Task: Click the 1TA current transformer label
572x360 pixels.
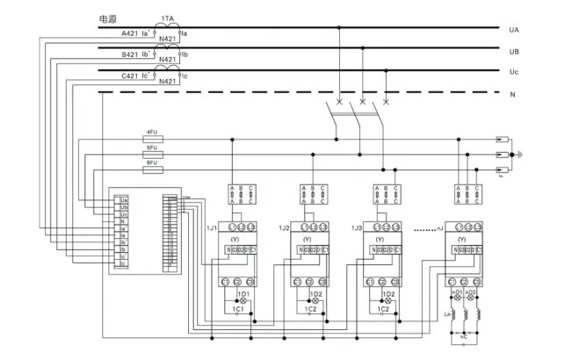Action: (x=167, y=18)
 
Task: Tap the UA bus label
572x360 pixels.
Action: (x=514, y=29)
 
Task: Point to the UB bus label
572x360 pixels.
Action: (x=514, y=51)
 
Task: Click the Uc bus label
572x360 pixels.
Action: (x=514, y=71)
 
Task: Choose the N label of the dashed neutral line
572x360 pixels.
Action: (x=512, y=93)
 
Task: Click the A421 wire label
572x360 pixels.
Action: (x=129, y=33)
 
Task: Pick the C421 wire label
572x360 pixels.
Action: (x=129, y=76)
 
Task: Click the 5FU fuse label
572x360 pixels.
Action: (x=152, y=147)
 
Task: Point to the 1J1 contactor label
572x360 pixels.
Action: (x=211, y=227)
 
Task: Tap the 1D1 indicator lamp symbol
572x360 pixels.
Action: (x=243, y=301)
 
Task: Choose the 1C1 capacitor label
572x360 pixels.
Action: (x=237, y=309)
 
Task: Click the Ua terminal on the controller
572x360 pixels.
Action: (x=122, y=200)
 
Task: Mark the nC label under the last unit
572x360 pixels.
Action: (x=465, y=335)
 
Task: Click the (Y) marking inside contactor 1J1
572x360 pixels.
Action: (x=235, y=239)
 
